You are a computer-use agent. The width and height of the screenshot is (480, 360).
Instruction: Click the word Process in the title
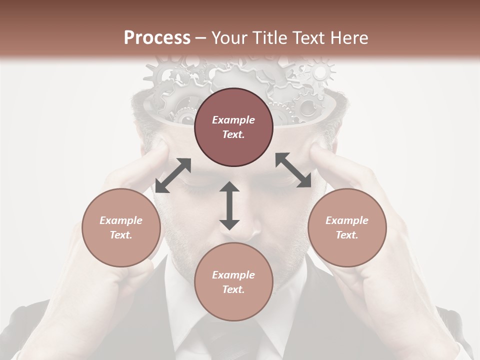point(157,38)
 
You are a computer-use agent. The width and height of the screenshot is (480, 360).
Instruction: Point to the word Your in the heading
point(230,38)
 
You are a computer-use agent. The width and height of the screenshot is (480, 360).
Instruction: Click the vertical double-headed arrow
point(229,205)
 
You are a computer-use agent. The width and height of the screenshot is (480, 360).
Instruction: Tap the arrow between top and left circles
point(173,175)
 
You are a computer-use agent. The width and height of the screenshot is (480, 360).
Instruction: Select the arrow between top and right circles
point(293,170)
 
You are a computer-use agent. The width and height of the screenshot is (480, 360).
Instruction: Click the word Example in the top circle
point(233,120)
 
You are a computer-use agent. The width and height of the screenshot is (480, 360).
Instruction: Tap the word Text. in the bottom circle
point(233,289)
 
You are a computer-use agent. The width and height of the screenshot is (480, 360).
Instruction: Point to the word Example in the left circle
point(121,220)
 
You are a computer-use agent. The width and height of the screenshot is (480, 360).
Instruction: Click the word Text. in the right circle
point(347,235)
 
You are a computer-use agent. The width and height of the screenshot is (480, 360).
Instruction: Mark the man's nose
point(250,227)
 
